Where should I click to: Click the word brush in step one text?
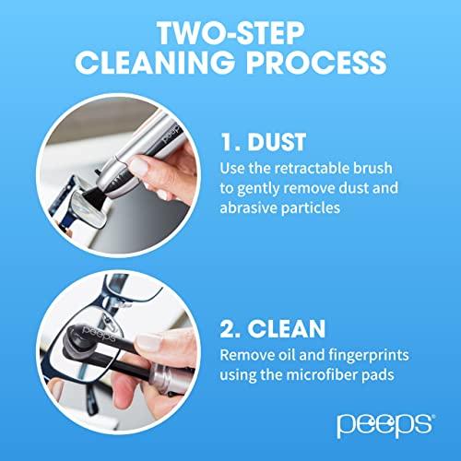[386, 169]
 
